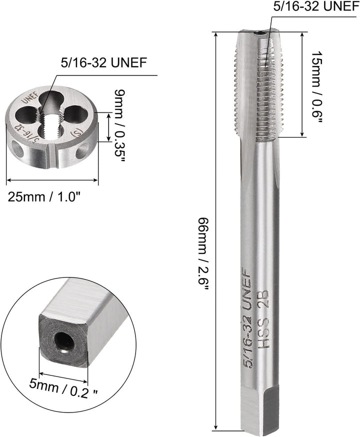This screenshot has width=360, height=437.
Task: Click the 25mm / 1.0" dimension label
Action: coord(43,197)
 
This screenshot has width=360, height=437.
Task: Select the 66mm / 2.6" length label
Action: coord(203,254)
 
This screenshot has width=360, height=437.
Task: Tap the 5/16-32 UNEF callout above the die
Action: coord(103,62)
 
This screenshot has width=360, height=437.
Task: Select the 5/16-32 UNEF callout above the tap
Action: coord(316,6)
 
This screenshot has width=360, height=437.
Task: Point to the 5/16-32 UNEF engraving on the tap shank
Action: coord(247,317)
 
